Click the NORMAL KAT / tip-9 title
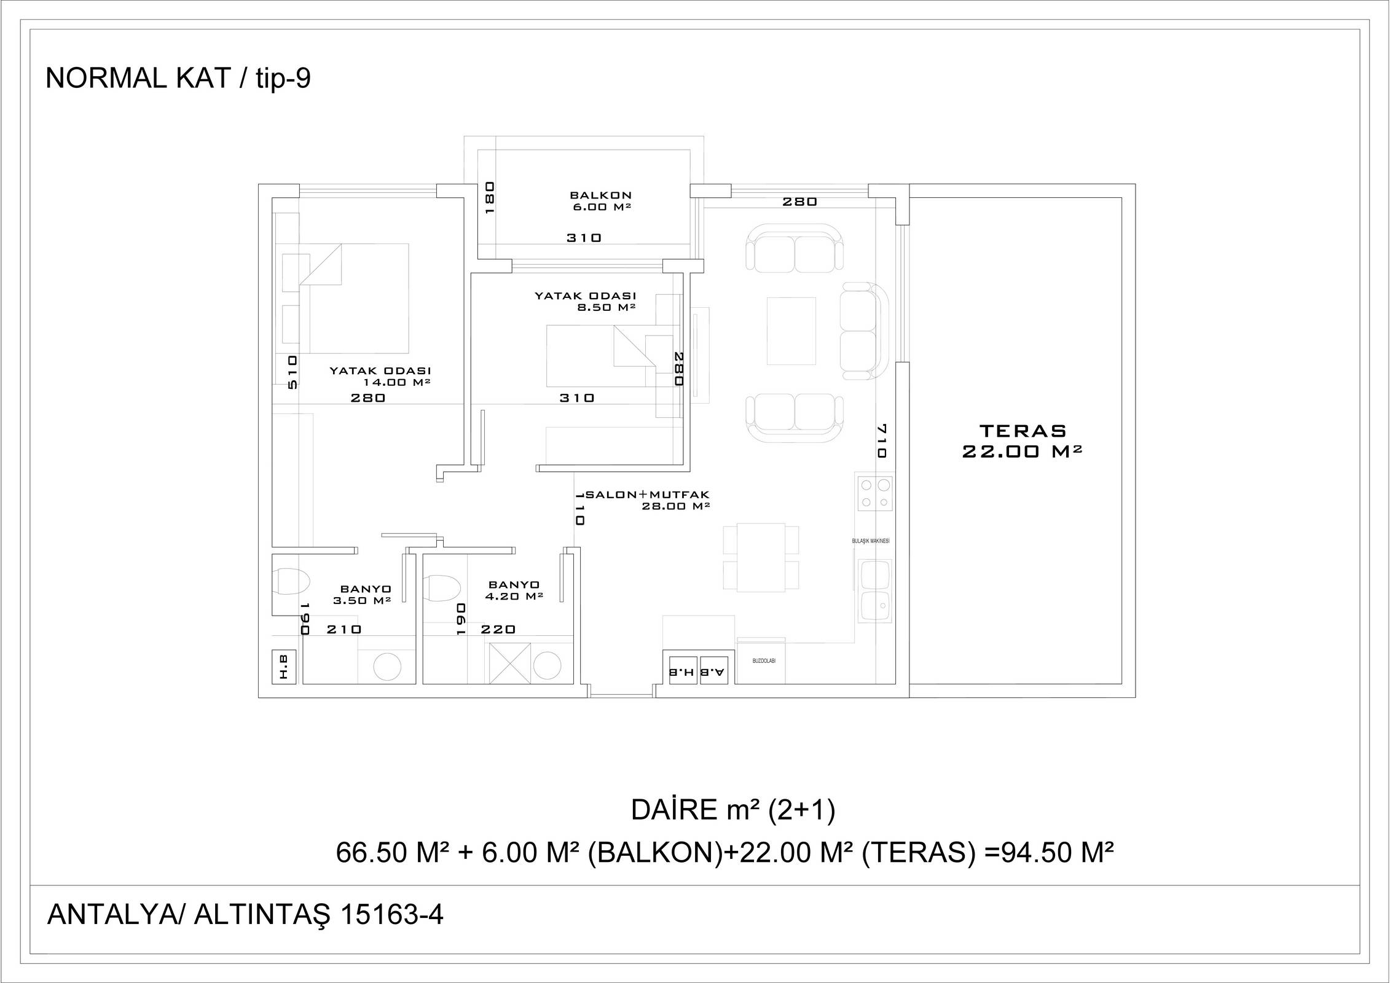click(178, 79)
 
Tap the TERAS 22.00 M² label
click(1022, 441)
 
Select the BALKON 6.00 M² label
click(600, 202)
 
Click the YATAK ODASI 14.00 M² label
click(380, 376)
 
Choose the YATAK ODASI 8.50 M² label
click(585, 301)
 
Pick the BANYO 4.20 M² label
click(514, 590)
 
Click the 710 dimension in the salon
click(881, 441)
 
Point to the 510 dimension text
click(293, 372)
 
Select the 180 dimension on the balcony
click(490, 197)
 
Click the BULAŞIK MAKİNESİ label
click(871, 541)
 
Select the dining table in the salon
click(761, 557)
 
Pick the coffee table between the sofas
click(791, 331)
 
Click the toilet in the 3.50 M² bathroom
click(291, 581)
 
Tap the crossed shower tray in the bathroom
click(509, 663)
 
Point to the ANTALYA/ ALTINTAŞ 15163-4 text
click(245, 915)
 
